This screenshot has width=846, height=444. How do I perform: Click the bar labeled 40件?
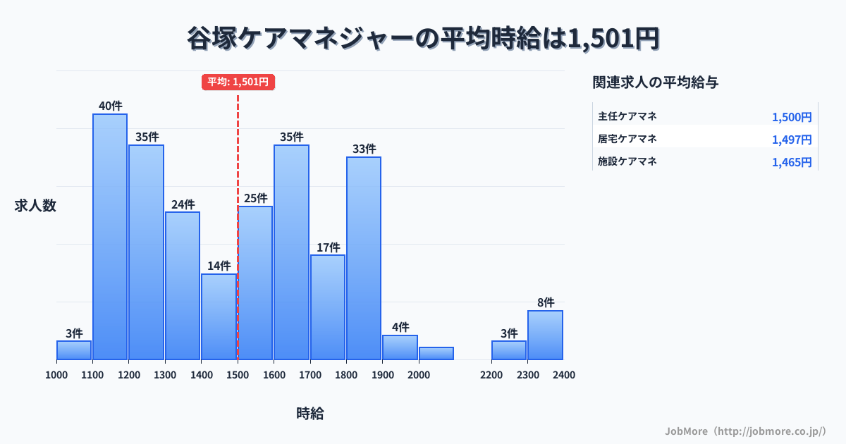click(110, 236)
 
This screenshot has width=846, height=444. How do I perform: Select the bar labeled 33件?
click(364, 258)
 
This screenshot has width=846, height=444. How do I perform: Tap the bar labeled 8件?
click(545, 335)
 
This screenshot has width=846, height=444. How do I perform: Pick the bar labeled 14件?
click(219, 316)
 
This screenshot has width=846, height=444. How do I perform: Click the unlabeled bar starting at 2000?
click(436, 353)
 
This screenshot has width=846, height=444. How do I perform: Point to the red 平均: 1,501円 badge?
click(238, 82)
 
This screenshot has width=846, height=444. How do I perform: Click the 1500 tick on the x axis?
click(238, 375)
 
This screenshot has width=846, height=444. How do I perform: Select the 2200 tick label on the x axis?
click(491, 375)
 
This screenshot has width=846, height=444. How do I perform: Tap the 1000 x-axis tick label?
click(56, 375)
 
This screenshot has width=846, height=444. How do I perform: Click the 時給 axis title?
click(310, 414)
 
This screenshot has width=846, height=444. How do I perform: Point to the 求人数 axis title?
click(35, 206)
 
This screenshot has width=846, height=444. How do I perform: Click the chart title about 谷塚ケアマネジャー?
click(423, 39)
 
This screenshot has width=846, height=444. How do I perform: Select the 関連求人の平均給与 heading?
click(656, 82)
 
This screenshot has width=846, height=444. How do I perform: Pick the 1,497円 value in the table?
click(792, 140)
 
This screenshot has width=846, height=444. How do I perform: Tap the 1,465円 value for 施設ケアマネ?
click(792, 162)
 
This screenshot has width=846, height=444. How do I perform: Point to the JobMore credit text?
click(745, 430)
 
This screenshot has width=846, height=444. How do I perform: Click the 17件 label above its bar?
click(328, 247)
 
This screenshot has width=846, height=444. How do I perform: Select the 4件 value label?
click(400, 327)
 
